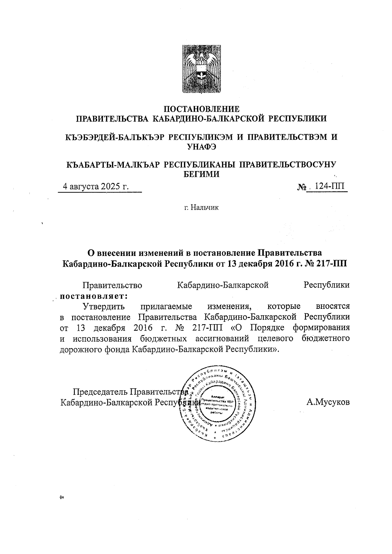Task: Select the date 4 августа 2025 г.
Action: pyautogui.click(x=95, y=187)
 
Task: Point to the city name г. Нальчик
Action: pyautogui.click(x=201, y=207)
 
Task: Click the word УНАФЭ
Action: pyautogui.click(x=201, y=147)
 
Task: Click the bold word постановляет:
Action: pyautogui.click(x=92, y=296)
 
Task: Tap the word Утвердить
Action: pyautogui.click(x=104, y=307)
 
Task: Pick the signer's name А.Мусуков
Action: pyautogui.click(x=328, y=402)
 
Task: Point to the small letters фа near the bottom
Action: pyautogui.click(x=61, y=498)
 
